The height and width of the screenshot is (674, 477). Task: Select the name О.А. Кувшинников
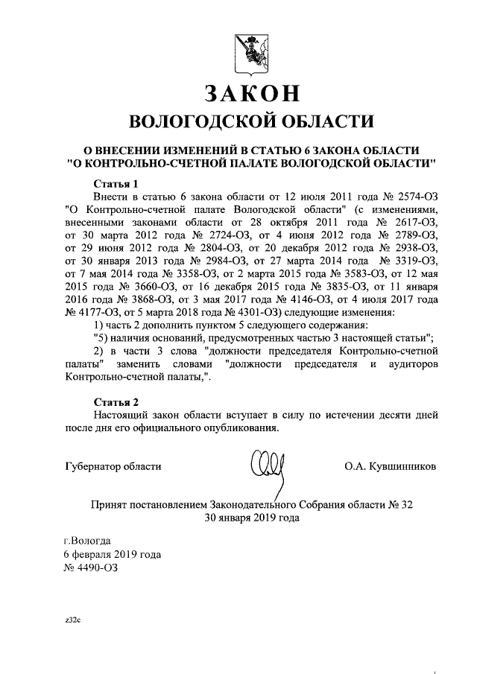[x=390, y=466]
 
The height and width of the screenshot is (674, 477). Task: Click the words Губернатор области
[x=112, y=466]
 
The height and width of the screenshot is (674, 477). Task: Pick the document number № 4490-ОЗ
[x=91, y=568]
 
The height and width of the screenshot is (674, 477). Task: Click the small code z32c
[x=72, y=619]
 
